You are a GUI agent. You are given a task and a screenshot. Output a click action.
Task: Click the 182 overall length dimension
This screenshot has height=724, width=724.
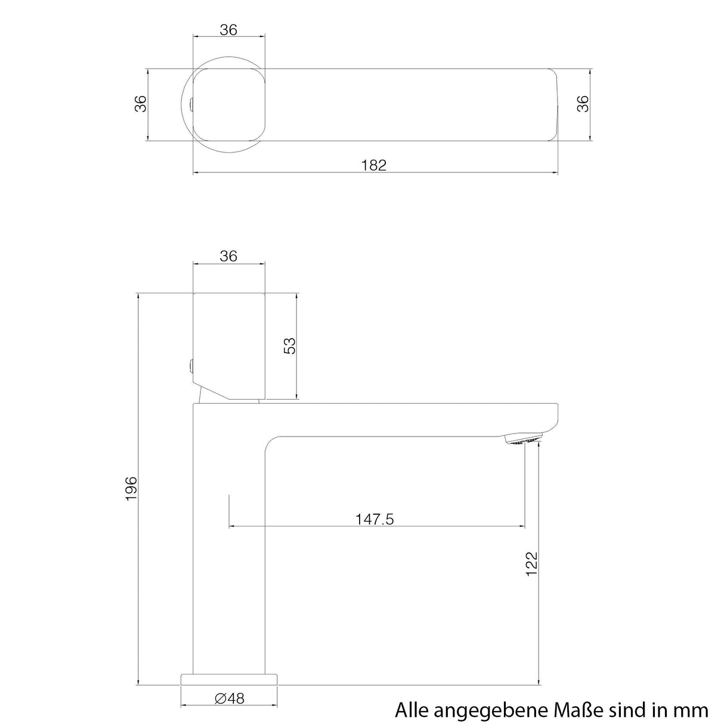click(374, 165)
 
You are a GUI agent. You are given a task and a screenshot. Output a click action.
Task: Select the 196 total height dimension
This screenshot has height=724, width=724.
click(131, 488)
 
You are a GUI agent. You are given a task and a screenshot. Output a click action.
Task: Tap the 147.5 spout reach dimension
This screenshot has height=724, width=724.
click(375, 519)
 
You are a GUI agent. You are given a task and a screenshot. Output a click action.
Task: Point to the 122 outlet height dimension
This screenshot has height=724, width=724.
click(531, 564)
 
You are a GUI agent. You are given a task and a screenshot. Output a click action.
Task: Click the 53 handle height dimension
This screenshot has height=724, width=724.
click(289, 346)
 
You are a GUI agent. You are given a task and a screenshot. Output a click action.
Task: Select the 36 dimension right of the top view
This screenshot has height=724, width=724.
click(583, 104)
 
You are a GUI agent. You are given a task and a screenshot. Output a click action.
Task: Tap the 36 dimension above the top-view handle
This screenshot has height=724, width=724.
click(228, 30)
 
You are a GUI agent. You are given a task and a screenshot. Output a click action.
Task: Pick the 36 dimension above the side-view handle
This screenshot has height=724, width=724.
click(228, 256)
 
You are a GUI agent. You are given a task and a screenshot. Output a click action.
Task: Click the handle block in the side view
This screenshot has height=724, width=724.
click(228, 343)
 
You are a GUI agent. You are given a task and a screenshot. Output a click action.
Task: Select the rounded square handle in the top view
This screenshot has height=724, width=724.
click(228, 104)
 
